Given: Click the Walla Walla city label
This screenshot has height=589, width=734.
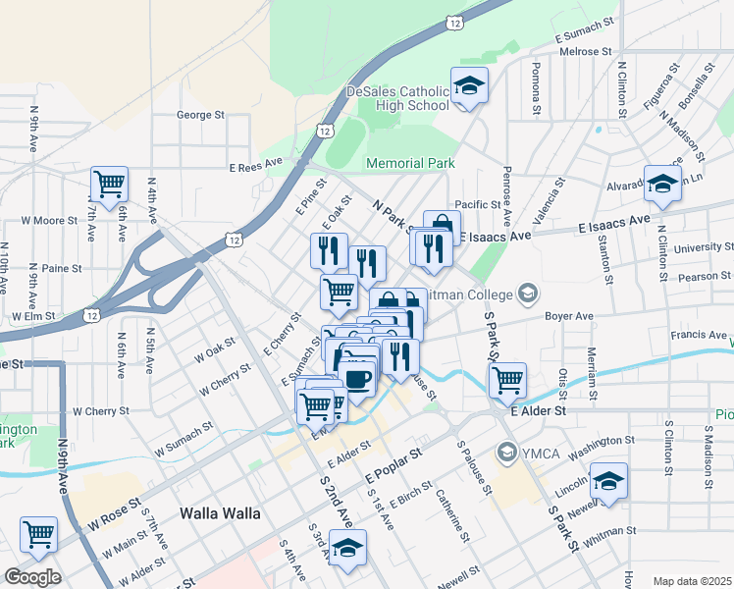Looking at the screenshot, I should [221, 513].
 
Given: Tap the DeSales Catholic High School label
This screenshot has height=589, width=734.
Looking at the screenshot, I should [396, 98].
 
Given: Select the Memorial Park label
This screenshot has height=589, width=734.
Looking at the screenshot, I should [410, 163].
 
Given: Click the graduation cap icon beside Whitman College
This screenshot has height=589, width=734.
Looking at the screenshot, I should [529, 294].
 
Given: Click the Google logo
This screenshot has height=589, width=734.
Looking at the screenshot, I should [32, 577].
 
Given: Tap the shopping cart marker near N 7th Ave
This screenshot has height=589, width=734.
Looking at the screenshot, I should [110, 183].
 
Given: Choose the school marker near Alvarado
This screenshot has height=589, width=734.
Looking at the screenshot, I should [662, 183].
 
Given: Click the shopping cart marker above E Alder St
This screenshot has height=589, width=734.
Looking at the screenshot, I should [507, 379].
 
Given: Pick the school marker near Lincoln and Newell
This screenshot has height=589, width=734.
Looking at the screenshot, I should [608, 481].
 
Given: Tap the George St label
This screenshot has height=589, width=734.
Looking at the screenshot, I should [200, 115].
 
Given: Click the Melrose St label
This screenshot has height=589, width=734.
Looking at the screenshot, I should [585, 51].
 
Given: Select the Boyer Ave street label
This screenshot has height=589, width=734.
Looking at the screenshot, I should [570, 317].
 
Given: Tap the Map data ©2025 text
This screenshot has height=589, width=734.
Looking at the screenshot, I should [692, 581].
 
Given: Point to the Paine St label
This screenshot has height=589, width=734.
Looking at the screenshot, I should [61, 267].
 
